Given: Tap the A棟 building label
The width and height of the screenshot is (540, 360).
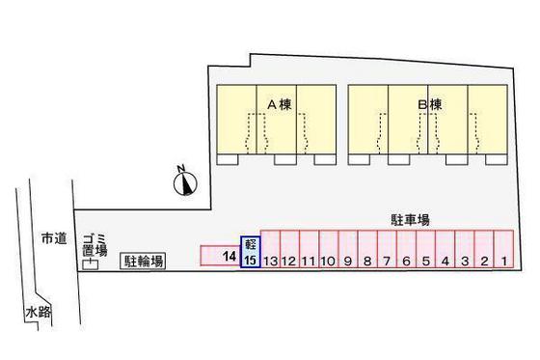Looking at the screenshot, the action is (279, 104).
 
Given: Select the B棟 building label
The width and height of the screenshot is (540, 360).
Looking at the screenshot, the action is (429, 104).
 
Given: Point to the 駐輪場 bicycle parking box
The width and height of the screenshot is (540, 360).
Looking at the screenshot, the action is (143, 260).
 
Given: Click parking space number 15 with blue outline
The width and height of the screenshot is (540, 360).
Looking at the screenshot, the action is (250, 260).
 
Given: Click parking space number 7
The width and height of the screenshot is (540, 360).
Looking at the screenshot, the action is (386, 260).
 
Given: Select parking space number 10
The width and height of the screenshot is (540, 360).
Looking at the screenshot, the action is (328, 260).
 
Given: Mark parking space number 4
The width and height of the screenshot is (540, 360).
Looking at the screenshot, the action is (445, 260).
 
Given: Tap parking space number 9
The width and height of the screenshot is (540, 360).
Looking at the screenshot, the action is (347, 260).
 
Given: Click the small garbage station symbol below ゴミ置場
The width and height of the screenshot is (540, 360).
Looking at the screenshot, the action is (91, 263).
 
